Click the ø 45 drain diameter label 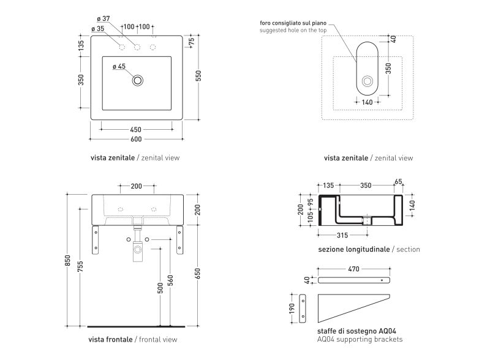(x=119, y=67)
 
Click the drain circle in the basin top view (x=138, y=80)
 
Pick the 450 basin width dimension (x=136, y=129)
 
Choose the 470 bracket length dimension (x=354, y=269)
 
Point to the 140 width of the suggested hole (x=367, y=102)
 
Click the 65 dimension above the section (x=399, y=182)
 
